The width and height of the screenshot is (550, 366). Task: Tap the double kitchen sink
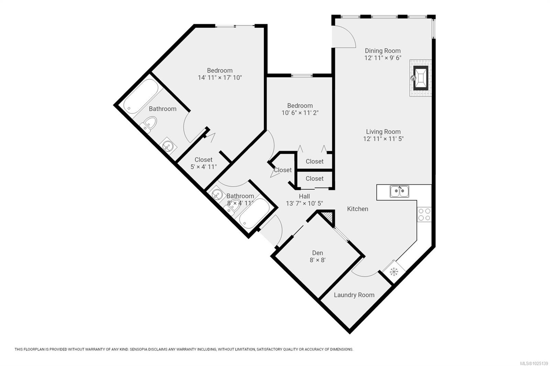click(399, 192)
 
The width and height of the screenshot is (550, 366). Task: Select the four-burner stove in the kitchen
click(424, 214)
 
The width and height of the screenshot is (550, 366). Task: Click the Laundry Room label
click(354, 295)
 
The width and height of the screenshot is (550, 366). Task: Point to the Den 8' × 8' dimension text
click(318, 260)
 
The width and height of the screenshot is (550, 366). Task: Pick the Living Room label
click(383, 131)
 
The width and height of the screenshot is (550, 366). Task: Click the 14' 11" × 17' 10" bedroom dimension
click(220, 78)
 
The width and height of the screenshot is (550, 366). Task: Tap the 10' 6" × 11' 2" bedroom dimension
click(300, 113)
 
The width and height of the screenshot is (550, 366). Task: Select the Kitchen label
click(357, 209)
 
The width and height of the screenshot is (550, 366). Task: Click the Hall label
click(304, 196)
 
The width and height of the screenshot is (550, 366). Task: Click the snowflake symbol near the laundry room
click(394, 272)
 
